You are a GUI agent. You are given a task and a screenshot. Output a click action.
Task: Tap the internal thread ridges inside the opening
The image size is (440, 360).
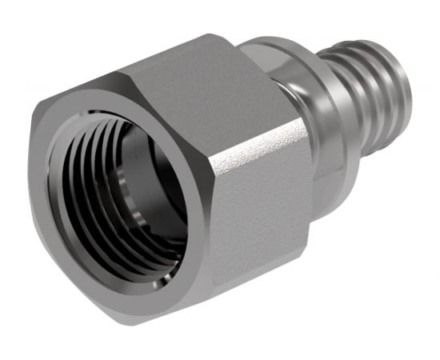tap(88, 192)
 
